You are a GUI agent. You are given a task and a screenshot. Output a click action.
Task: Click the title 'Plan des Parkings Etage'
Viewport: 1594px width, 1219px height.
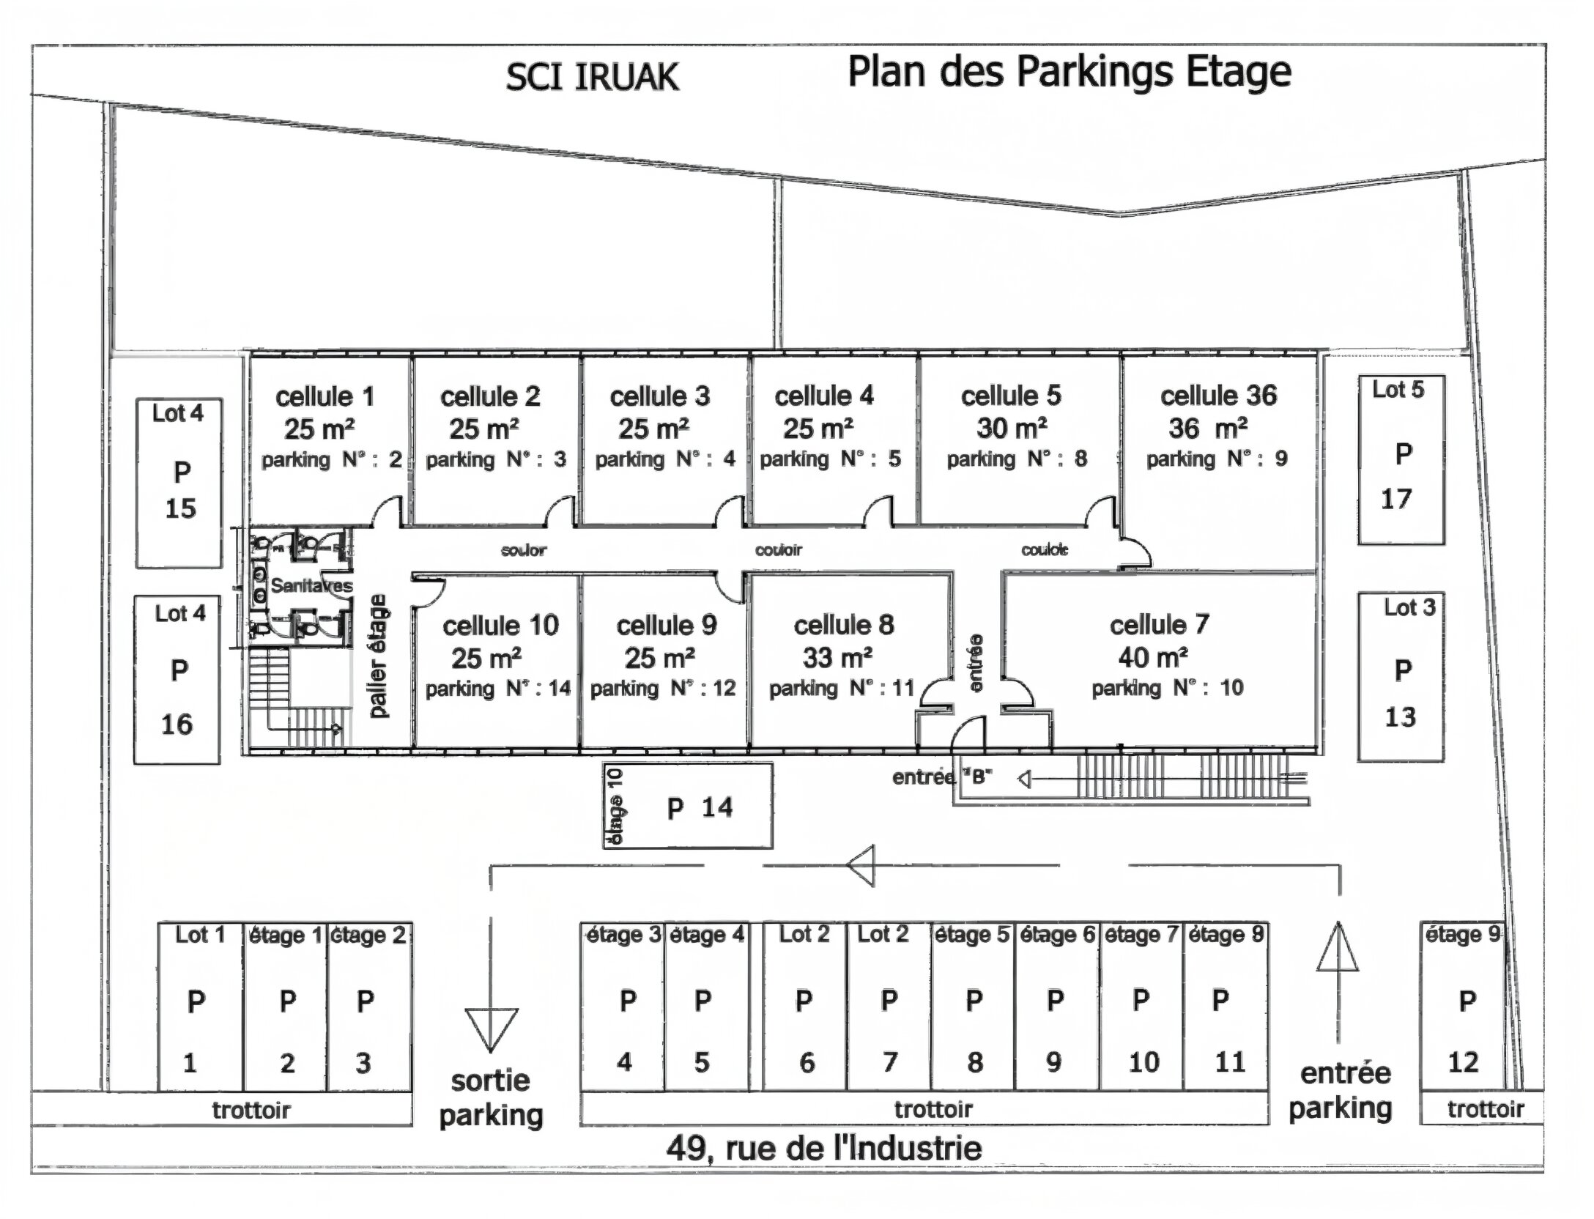pos(1069,73)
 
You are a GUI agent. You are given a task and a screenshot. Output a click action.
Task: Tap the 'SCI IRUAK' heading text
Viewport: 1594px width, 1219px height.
pos(592,77)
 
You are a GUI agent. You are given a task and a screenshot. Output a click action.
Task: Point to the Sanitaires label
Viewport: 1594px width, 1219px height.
pos(311,585)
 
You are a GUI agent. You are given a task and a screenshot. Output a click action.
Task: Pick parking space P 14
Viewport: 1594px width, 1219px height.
pos(687,807)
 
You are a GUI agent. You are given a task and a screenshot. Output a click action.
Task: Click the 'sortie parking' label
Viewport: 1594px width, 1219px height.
pos(491,1098)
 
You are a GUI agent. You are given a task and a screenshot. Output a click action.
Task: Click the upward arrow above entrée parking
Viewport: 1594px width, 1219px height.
pos(1337,948)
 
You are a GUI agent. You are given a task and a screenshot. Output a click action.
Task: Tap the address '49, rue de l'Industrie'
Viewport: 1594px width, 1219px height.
pos(823,1148)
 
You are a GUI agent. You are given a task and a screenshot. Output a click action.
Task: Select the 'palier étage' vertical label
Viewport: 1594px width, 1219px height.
pos(377,656)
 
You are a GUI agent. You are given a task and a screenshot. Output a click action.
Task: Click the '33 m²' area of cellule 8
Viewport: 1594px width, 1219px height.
pos(837,657)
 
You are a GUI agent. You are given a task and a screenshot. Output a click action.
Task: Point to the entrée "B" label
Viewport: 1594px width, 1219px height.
pos(942,777)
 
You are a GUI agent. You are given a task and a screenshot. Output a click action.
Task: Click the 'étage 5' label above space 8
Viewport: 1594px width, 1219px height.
pos(972,935)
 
